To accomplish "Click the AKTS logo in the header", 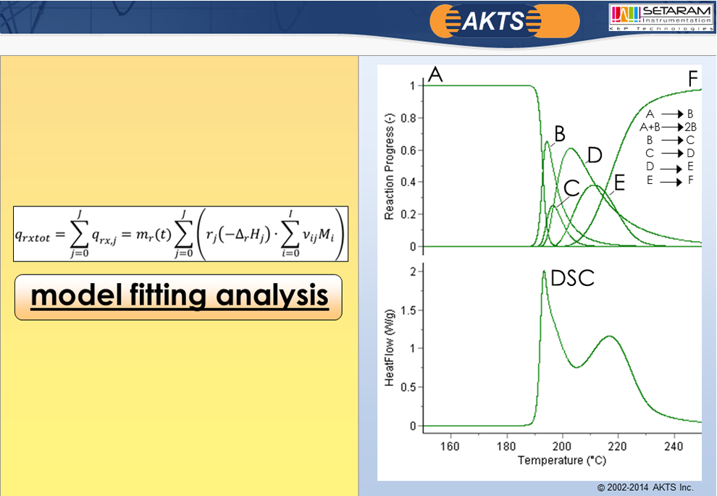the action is (505, 21).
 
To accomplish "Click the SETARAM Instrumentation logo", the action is (661, 17).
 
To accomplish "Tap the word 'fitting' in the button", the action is (168, 295).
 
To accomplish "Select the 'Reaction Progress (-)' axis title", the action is (389, 167).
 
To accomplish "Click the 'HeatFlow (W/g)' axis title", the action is (389, 348).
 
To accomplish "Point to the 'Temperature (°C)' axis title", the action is (562, 460).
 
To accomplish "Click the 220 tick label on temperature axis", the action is (618, 446).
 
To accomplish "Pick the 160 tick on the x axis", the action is (450, 446).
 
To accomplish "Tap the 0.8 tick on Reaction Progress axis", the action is (408, 118).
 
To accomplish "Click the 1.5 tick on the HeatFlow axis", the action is (408, 311).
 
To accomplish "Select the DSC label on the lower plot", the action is (572, 278).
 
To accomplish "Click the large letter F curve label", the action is (693, 79).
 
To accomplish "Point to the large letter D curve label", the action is (595, 156).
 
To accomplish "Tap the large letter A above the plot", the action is (435, 74).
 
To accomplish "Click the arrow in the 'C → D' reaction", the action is (671, 154).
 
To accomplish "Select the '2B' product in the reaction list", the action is (690, 127).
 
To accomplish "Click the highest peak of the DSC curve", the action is (544, 272).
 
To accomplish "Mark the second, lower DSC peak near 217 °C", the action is (610, 337).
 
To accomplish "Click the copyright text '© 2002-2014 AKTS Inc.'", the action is (645, 487).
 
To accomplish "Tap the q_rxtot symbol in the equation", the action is (33, 236).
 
